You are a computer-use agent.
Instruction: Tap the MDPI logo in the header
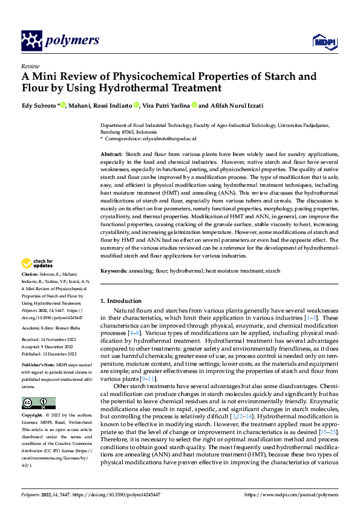(321, 41)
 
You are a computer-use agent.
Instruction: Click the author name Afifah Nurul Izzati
(241, 106)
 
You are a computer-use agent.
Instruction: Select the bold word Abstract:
(111, 155)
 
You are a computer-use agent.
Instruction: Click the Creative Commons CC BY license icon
(38, 403)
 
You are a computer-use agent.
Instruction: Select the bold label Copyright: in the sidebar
(33, 416)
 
